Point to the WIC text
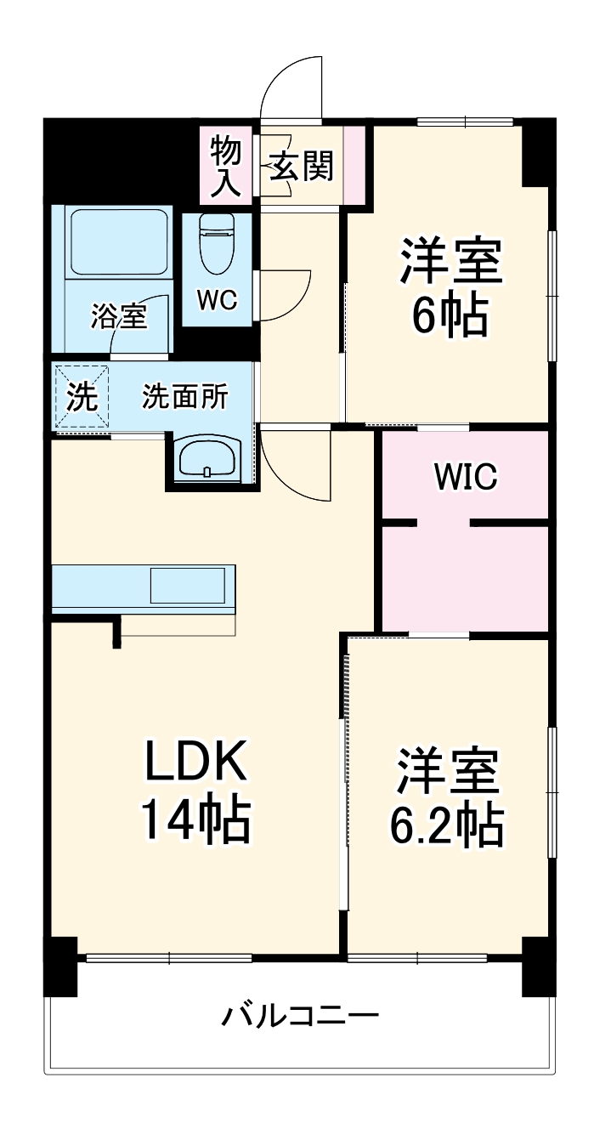tap(465, 477)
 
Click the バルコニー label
tap(300, 1015)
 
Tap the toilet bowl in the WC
tap(217, 246)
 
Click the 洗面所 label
tap(184, 397)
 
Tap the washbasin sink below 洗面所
tap(208, 462)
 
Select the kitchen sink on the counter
tap(188, 586)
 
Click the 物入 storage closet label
tap(226, 167)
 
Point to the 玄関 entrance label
tap(301, 167)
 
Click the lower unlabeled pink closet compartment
tap(465, 578)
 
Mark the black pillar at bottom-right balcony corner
tap(538, 967)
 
